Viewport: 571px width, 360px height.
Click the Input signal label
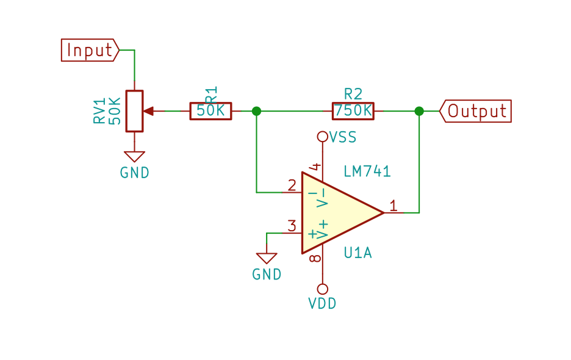click(x=90, y=50)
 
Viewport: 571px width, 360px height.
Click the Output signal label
click(x=475, y=111)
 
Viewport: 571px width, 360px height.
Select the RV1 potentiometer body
click(x=134, y=111)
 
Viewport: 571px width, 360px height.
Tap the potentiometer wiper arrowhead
click(x=148, y=111)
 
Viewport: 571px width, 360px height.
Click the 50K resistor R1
click(x=210, y=111)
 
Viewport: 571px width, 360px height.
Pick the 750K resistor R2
click(x=353, y=111)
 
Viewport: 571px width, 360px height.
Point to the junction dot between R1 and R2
click(x=256, y=111)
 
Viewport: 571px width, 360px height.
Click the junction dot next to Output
click(x=419, y=111)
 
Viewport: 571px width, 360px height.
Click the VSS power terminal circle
click(x=322, y=137)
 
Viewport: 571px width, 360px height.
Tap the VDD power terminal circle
click(x=322, y=289)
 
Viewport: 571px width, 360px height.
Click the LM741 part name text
click(x=367, y=171)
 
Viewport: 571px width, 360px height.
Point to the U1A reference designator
click(x=358, y=253)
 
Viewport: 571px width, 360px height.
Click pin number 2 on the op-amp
click(x=292, y=185)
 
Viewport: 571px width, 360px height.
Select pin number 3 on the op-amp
click(x=292, y=226)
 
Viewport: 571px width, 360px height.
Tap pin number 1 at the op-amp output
click(x=393, y=206)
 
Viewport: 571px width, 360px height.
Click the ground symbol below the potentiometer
click(x=134, y=157)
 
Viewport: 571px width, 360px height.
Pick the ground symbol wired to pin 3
click(x=267, y=258)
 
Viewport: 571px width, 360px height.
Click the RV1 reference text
click(x=99, y=110)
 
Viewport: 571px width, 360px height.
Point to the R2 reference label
click(x=353, y=94)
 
